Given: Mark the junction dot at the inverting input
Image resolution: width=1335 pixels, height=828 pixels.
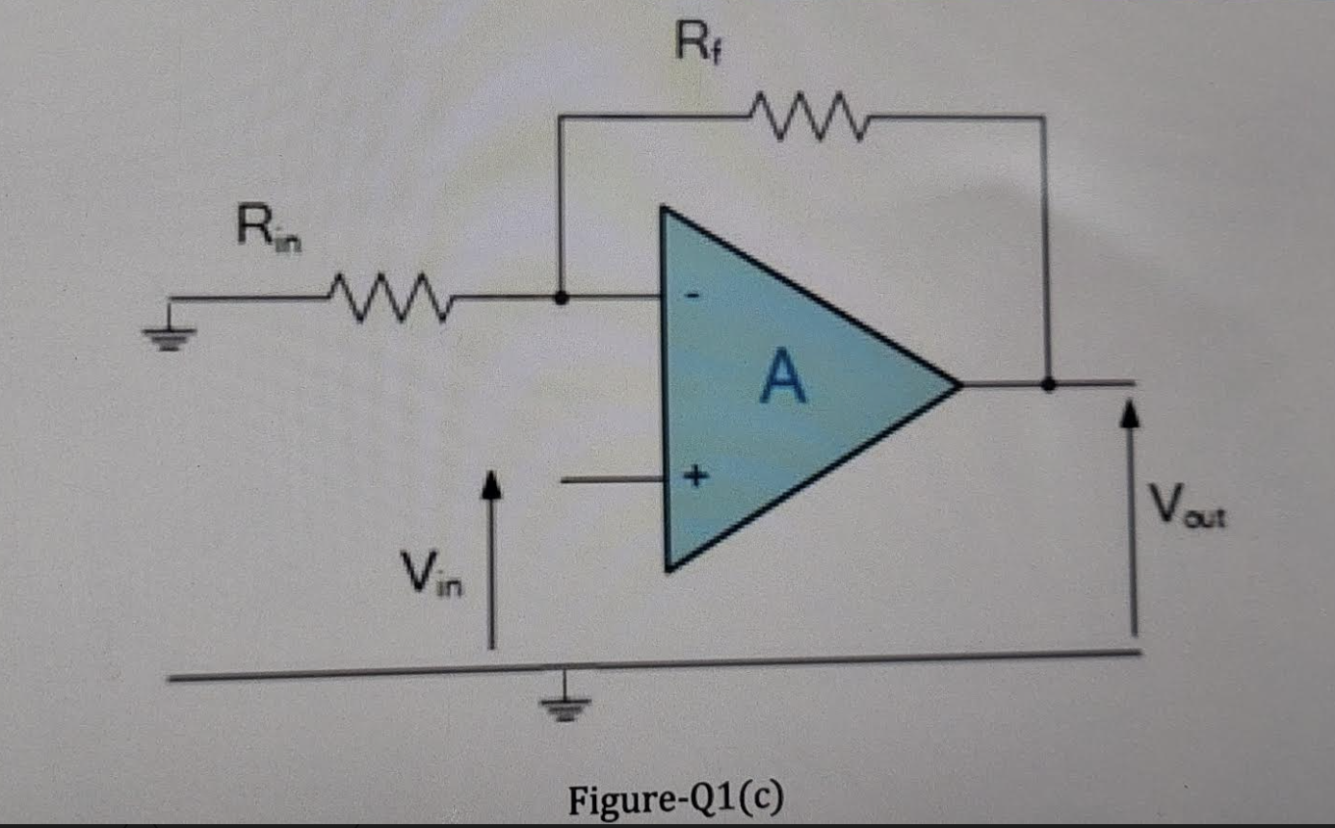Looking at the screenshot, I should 562,298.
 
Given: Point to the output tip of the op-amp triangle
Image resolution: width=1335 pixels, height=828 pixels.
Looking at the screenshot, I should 959,385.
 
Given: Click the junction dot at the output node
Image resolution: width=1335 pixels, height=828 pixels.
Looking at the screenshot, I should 1049,384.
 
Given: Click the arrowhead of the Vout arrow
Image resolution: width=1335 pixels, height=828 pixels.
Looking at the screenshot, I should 1134,415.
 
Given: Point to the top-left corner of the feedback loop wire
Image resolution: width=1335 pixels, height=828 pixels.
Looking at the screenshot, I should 562,117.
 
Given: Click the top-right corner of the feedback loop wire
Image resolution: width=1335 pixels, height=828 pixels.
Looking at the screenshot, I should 1045,117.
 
